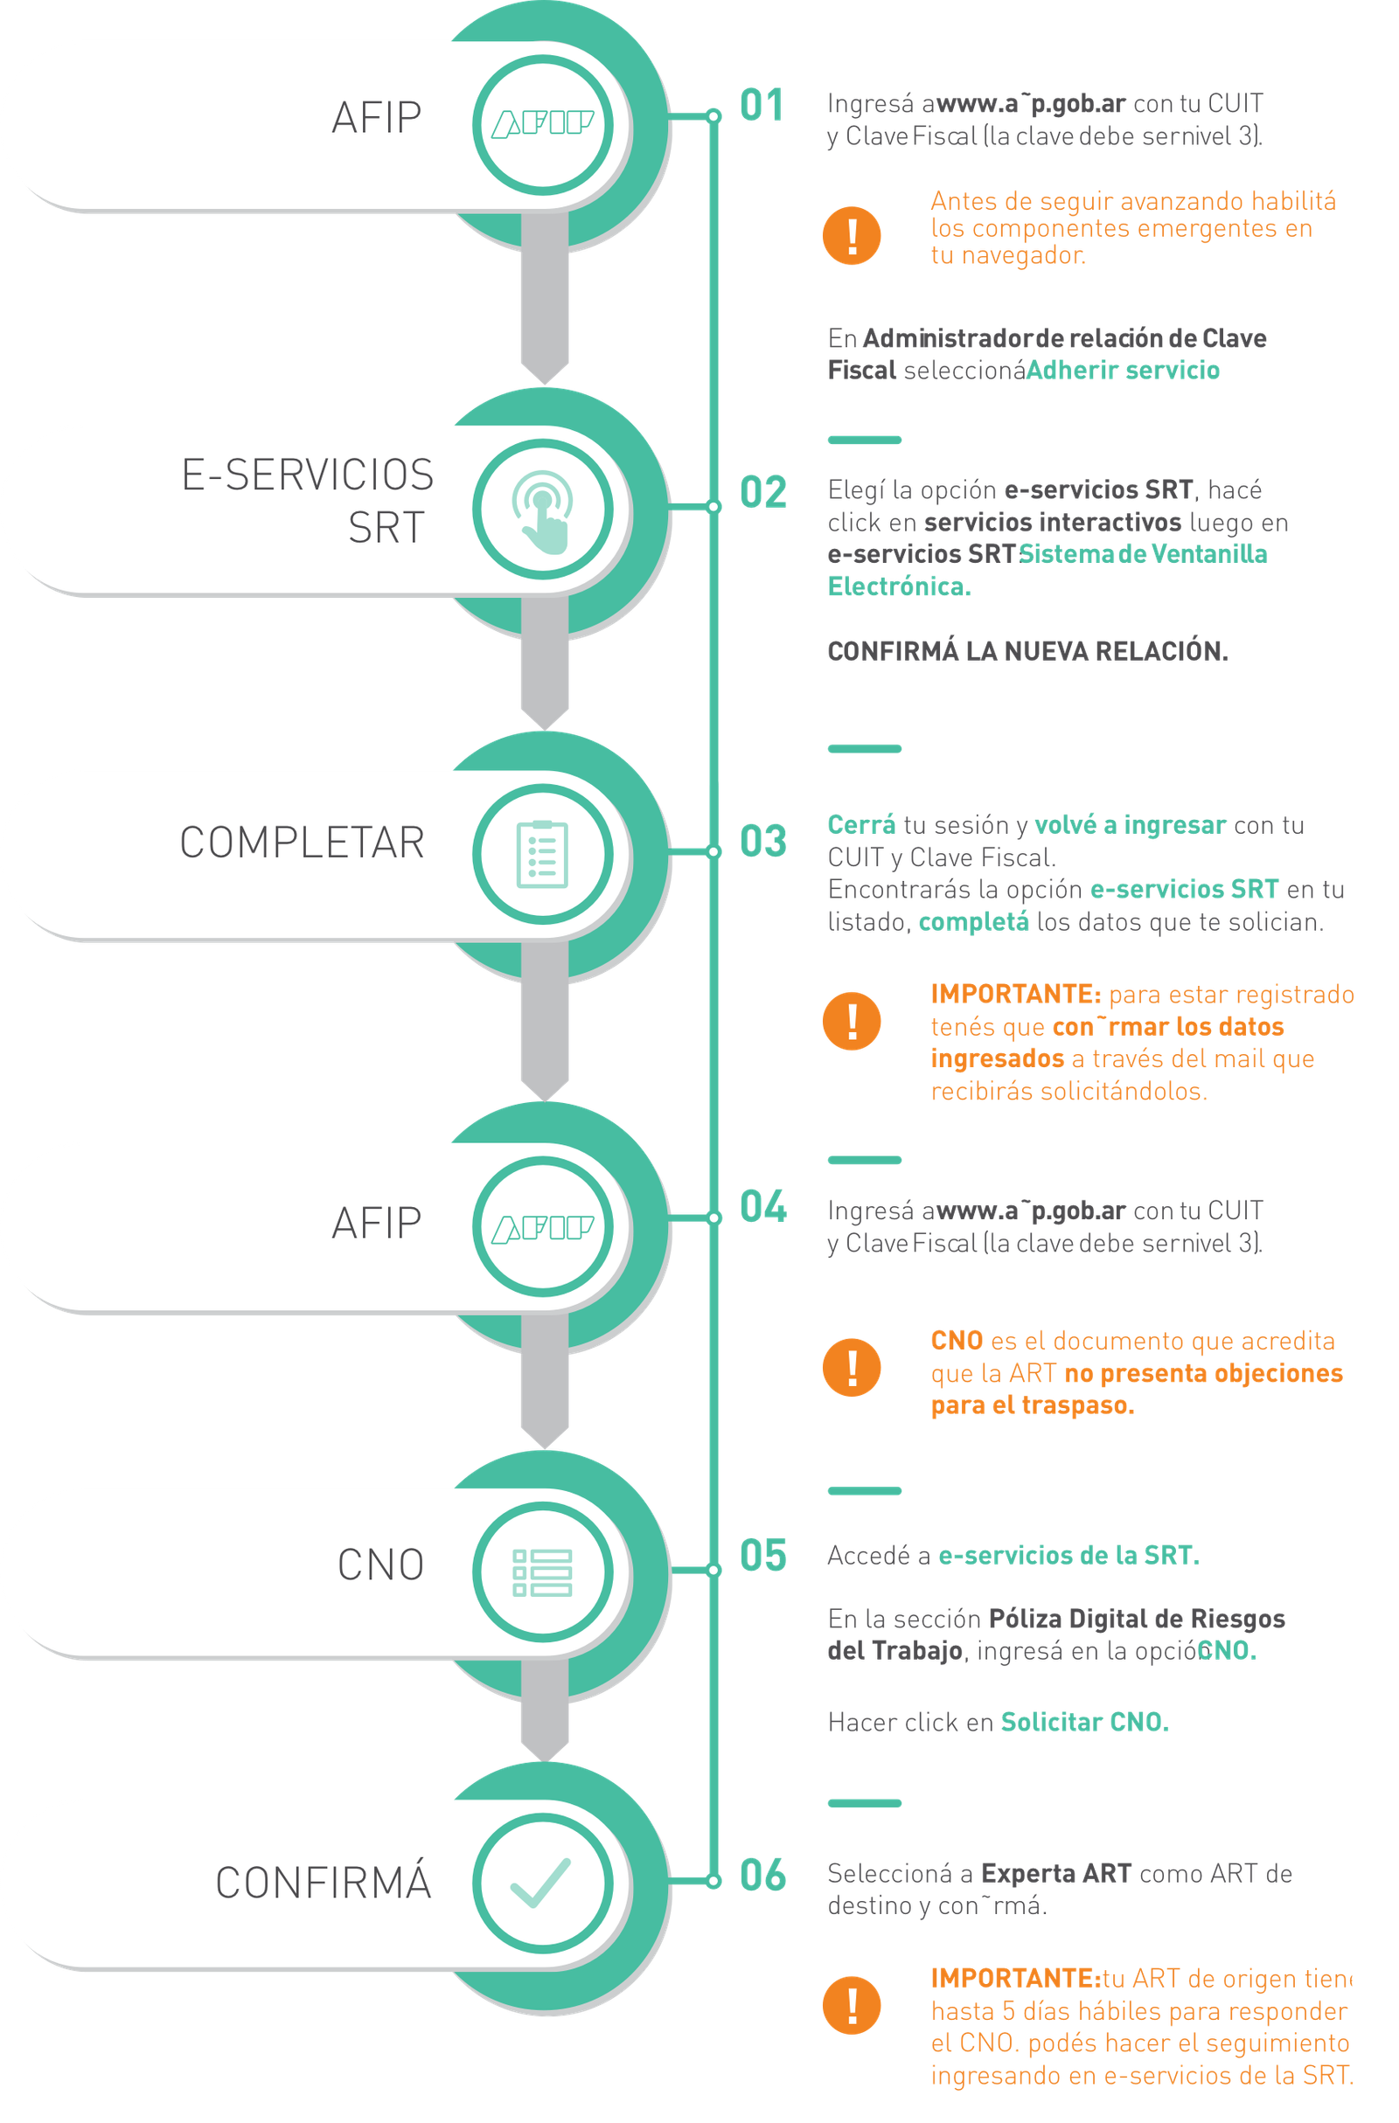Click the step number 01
[761, 105]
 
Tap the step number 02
[763, 492]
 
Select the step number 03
[763, 841]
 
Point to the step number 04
[763, 1207]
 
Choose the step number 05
[763, 1555]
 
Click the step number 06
[763, 1874]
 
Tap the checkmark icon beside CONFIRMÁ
[540, 1882]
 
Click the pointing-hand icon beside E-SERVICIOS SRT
[541, 510]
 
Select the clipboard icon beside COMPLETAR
[541, 854]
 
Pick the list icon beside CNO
[541, 1572]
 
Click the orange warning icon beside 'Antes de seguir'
[852, 235]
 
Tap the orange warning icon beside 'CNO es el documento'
[852, 1367]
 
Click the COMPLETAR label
[303, 843]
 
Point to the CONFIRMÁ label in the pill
[323, 1883]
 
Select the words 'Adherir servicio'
[1123, 371]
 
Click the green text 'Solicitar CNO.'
[1085, 1721]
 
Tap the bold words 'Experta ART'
[1055, 1873]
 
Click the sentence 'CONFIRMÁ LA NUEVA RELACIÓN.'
[1027, 651]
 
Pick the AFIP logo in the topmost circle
[542, 124]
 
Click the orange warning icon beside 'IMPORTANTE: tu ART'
[852, 2006]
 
